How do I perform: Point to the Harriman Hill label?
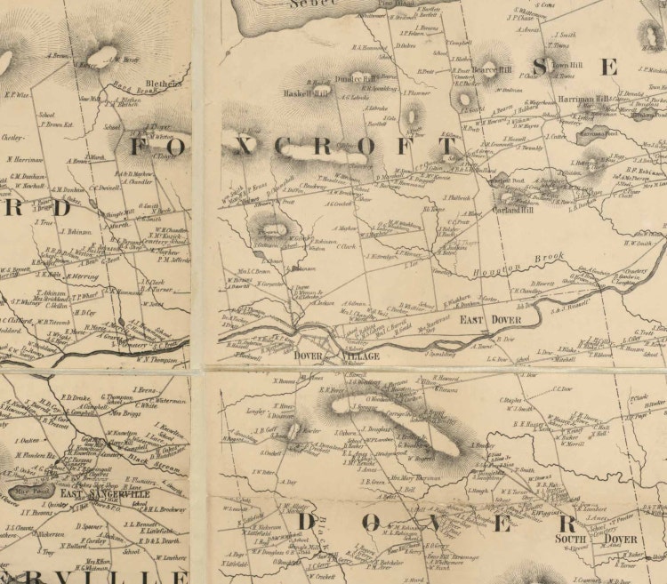point(583,100)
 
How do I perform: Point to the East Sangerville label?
point(117,494)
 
